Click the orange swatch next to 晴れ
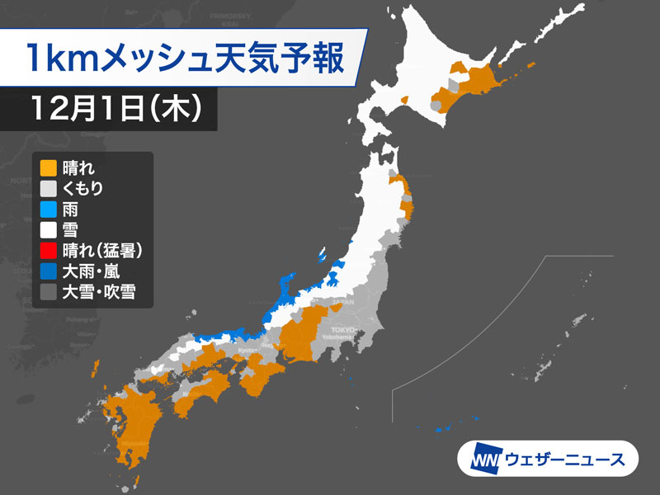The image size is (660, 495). click(49, 167)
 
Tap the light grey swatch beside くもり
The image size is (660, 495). click(49, 188)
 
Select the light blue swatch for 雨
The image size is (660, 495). click(49, 209)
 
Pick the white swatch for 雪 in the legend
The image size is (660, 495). click(49, 229)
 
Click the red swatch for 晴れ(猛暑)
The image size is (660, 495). click(49, 250)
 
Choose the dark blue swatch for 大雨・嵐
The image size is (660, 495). click(49, 271)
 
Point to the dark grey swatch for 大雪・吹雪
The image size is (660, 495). click(49, 291)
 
